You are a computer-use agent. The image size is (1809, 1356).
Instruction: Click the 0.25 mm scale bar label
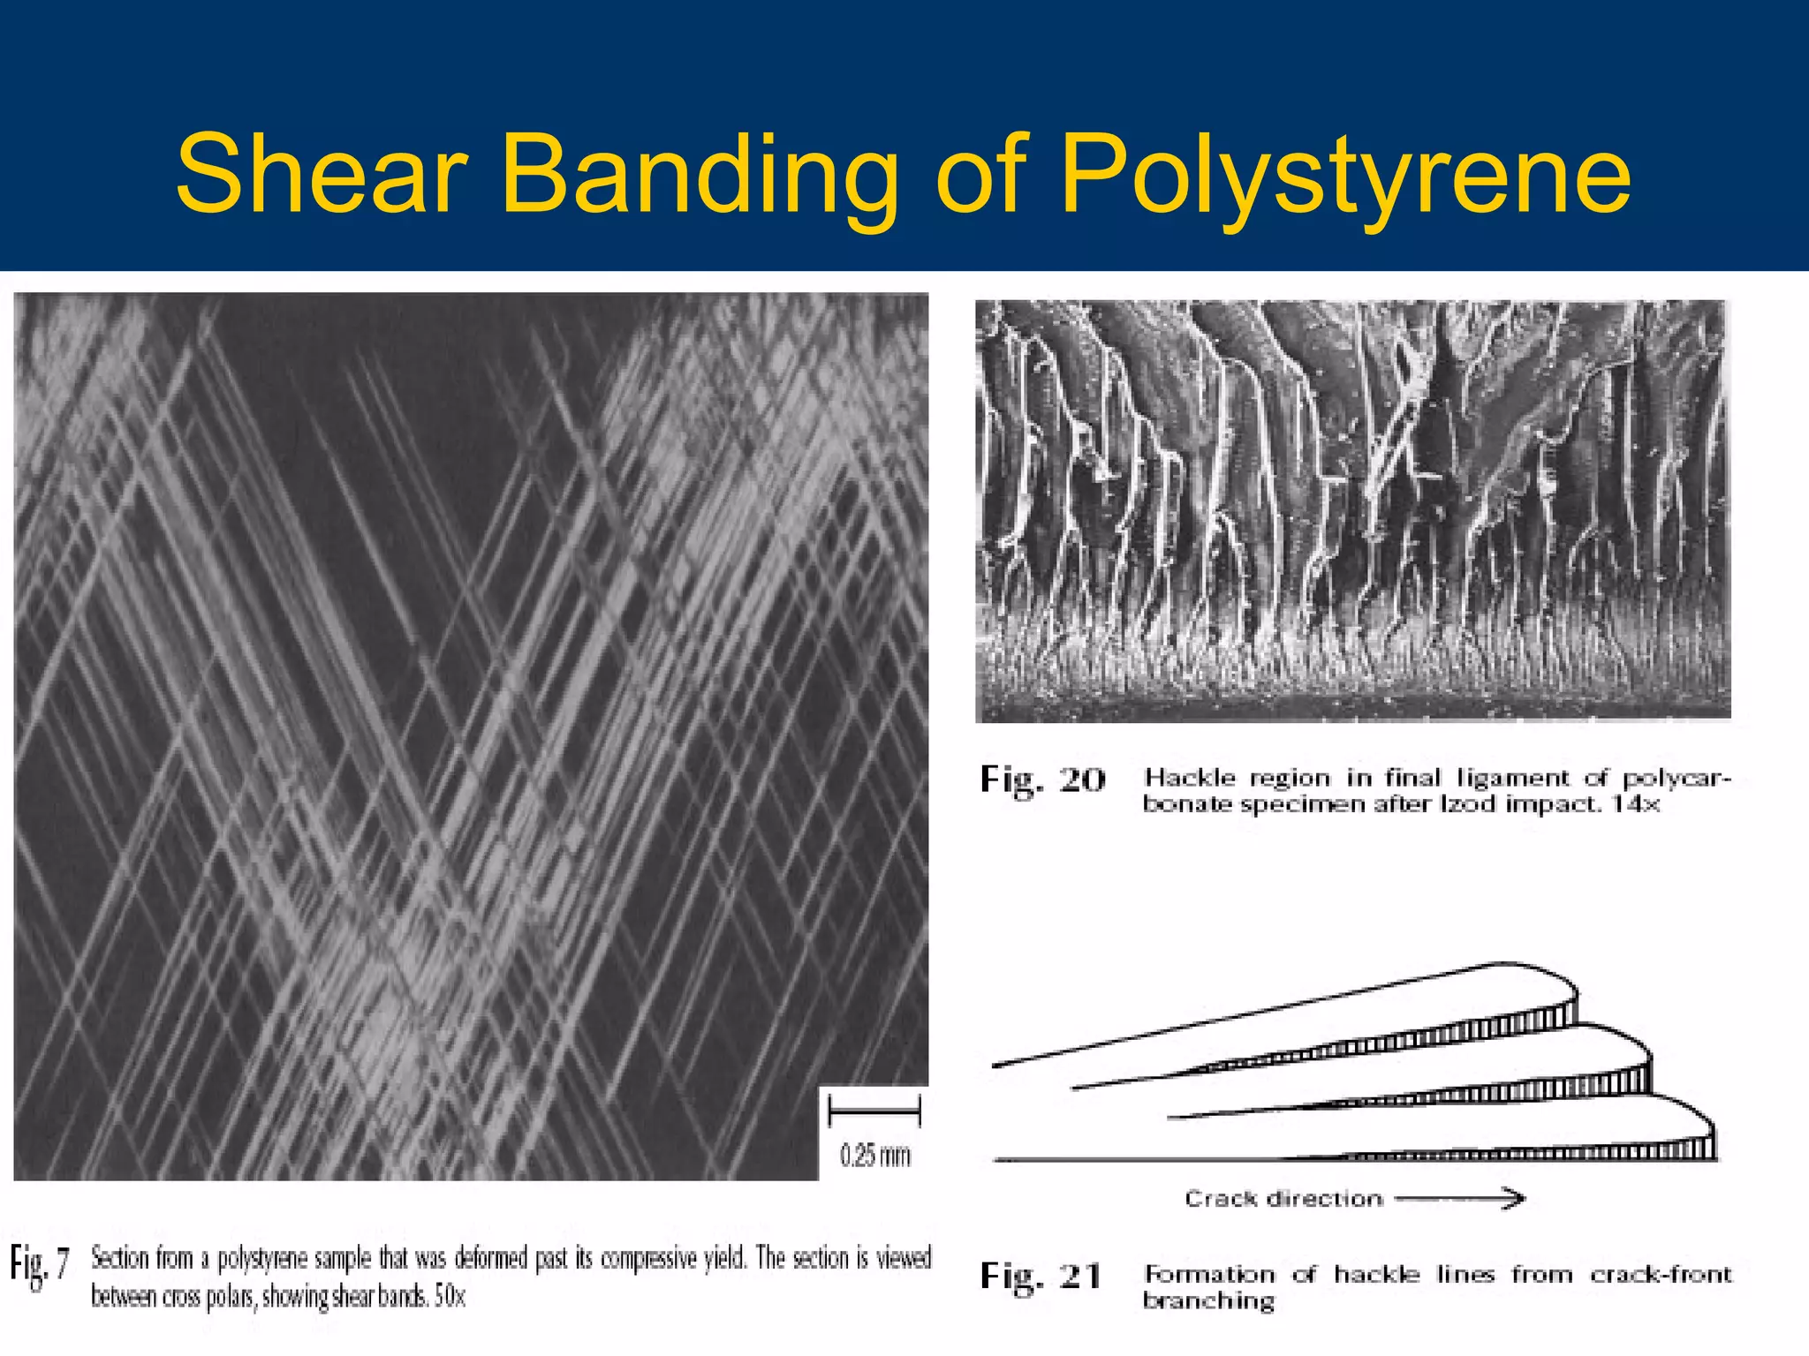tap(874, 1155)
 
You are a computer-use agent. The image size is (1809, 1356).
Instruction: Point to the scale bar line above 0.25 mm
tap(874, 1111)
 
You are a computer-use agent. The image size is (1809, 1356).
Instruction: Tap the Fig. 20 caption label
tap(1042, 780)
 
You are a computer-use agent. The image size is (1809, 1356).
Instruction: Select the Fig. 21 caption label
tap(1041, 1277)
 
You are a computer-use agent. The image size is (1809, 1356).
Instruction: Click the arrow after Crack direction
tap(1460, 1198)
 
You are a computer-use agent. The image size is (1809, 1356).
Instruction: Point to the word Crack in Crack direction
tap(1222, 1199)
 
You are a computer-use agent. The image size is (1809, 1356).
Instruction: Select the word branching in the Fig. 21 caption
tap(1208, 1301)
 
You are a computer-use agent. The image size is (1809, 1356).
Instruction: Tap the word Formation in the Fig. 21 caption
tap(1209, 1275)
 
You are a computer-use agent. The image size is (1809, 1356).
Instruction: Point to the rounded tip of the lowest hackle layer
tap(1700, 1121)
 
